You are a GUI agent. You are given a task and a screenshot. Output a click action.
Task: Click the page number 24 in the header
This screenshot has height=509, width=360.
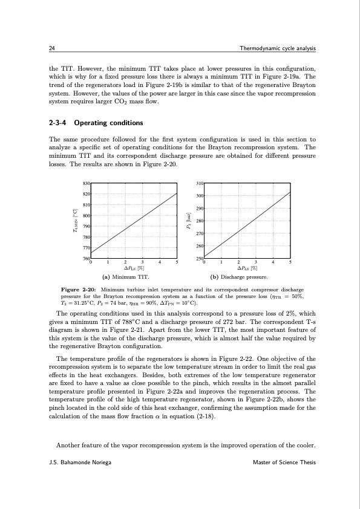click(x=51, y=48)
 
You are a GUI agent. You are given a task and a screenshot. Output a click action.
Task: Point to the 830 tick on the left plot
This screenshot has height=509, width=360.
click(x=86, y=183)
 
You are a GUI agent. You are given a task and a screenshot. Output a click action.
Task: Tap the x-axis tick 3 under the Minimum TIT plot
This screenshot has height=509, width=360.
click(x=142, y=262)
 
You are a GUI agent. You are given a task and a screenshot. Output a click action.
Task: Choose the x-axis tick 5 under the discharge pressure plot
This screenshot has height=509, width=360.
click(x=290, y=262)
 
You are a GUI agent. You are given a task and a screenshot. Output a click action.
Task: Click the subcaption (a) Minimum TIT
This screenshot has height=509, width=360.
click(x=130, y=277)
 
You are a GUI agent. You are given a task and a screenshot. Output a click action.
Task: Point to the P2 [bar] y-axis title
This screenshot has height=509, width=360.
click(x=189, y=221)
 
